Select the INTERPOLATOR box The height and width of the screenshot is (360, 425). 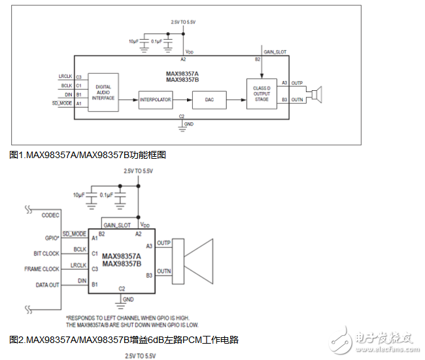[155, 100]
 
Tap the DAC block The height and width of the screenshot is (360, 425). [209, 100]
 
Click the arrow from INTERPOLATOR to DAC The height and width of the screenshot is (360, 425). [182, 100]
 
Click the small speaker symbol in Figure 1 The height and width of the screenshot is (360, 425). [317, 93]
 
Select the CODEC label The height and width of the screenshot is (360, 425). [50, 214]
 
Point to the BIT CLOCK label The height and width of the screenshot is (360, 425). [46, 253]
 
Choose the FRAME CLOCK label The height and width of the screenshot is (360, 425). [42, 269]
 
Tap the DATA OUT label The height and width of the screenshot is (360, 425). [46, 285]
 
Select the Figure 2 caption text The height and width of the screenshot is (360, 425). [124, 340]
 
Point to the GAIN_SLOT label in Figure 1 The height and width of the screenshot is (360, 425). [275, 51]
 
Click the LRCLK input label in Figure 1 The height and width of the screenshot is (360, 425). [65, 76]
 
